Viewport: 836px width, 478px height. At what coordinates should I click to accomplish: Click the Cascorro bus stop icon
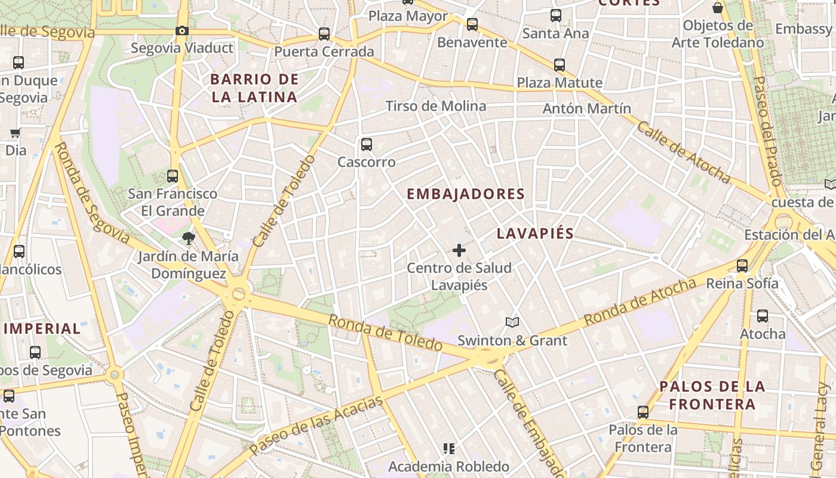click(x=367, y=144)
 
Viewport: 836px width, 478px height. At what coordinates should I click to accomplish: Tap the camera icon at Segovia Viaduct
click(x=182, y=30)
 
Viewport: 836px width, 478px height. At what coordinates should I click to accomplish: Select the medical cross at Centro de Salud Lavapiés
click(x=459, y=250)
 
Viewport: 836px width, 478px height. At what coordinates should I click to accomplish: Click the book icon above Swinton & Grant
click(x=512, y=323)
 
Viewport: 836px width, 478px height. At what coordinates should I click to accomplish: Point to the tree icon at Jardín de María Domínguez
click(x=189, y=238)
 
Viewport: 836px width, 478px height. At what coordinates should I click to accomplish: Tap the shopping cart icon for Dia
click(x=15, y=133)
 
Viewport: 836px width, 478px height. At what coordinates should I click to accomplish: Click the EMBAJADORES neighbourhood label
click(x=465, y=194)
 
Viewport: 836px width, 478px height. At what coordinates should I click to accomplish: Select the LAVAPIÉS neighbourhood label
click(x=535, y=234)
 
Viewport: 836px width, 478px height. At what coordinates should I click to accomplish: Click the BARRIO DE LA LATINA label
click(x=254, y=88)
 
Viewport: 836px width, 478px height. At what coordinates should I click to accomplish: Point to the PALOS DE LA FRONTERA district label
click(x=712, y=395)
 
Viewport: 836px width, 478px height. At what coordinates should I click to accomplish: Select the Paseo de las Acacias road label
click(x=316, y=425)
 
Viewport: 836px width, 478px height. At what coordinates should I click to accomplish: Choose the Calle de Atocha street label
click(x=683, y=152)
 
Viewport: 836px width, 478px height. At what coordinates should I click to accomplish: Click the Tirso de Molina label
click(x=435, y=106)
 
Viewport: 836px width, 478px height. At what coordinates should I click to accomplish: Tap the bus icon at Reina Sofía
click(x=742, y=266)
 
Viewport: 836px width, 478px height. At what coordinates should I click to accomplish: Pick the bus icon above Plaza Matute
click(x=560, y=65)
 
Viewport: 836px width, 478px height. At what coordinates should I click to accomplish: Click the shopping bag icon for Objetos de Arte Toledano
click(x=718, y=8)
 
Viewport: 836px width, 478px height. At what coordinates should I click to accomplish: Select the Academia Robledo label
click(x=448, y=466)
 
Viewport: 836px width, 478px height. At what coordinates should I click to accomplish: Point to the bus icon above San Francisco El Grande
click(x=173, y=176)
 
